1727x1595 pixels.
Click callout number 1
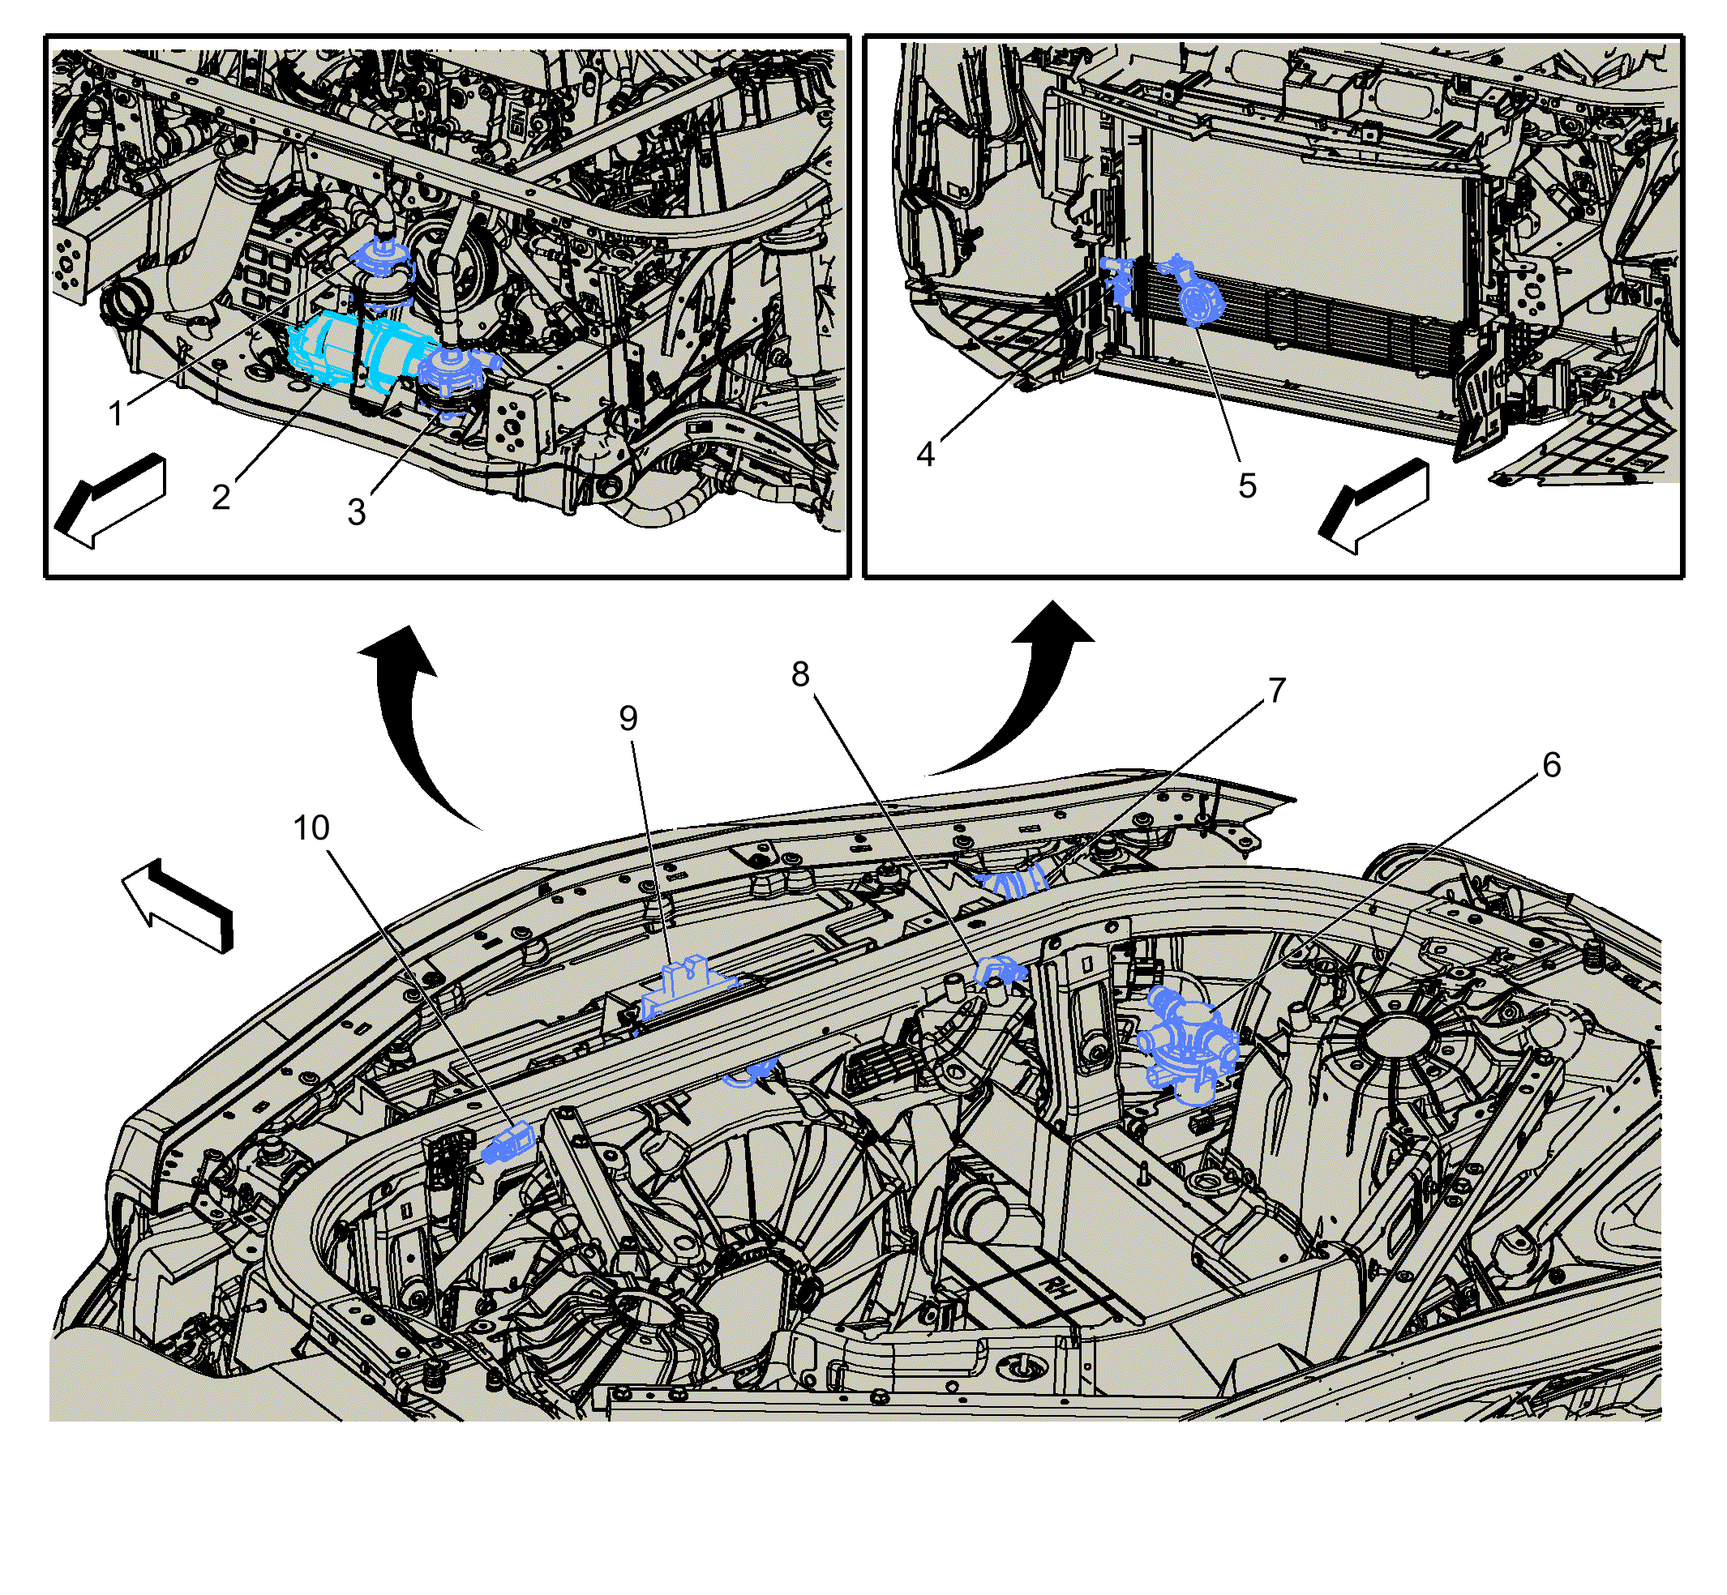coord(116,413)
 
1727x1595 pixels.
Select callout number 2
coord(221,497)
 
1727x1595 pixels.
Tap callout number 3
coord(357,513)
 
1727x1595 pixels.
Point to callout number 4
coord(926,454)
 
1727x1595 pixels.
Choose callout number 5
coord(1247,486)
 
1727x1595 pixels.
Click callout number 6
coord(1552,765)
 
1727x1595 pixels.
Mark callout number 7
coord(1277,690)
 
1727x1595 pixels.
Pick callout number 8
coord(800,674)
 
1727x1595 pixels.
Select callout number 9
coord(628,718)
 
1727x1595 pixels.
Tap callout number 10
coord(311,827)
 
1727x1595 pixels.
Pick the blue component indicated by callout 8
coord(1000,973)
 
